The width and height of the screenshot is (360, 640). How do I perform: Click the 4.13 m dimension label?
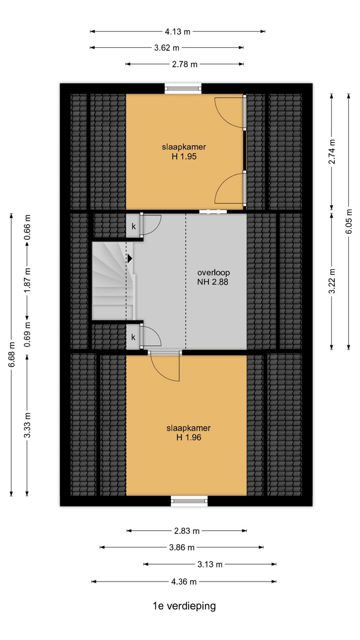pyautogui.click(x=177, y=32)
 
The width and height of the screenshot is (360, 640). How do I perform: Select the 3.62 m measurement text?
pyautogui.click(x=167, y=48)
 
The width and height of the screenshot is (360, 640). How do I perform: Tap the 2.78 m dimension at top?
pyautogui.click(x=184, y=64)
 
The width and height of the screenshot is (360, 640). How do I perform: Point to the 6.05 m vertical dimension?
pyautogui.click(x=349, y=222)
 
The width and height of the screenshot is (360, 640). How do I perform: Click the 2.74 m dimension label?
pyautogui.click(x=332, y=152)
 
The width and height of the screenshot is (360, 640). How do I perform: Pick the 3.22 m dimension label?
pyautogui.click(x=332, y=281)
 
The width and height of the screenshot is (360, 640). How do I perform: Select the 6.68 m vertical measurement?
pyautogui.click(x=12, y=355)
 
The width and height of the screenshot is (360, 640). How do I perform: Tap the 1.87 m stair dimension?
pyautogui.click(x=28, y=281)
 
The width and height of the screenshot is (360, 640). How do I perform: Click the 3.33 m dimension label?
pyautogui.click(x=28, y=425)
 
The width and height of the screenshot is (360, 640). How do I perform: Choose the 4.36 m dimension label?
pyautogui.click(x=184, y=581)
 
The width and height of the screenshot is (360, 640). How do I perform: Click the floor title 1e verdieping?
pyautogui.click(x=184, y=605)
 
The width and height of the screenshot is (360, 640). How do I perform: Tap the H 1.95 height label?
pyautogui.click(x=184, y=156)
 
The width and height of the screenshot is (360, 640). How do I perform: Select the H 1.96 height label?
pyautogui.click(x=188, y=437)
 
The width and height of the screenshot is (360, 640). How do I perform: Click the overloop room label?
pyautogui.click(x=213, y=272)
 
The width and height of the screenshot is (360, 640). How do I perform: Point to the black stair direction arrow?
pyautogui.click(x=130, y=259)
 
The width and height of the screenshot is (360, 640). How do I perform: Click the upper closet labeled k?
pyautogui.click(x=134, y=226)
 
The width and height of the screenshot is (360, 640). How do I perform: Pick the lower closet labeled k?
pyautogui.click(x=133, y=337)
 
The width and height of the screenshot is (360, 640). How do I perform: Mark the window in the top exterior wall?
pyautogui.click(x=183, y=88)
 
